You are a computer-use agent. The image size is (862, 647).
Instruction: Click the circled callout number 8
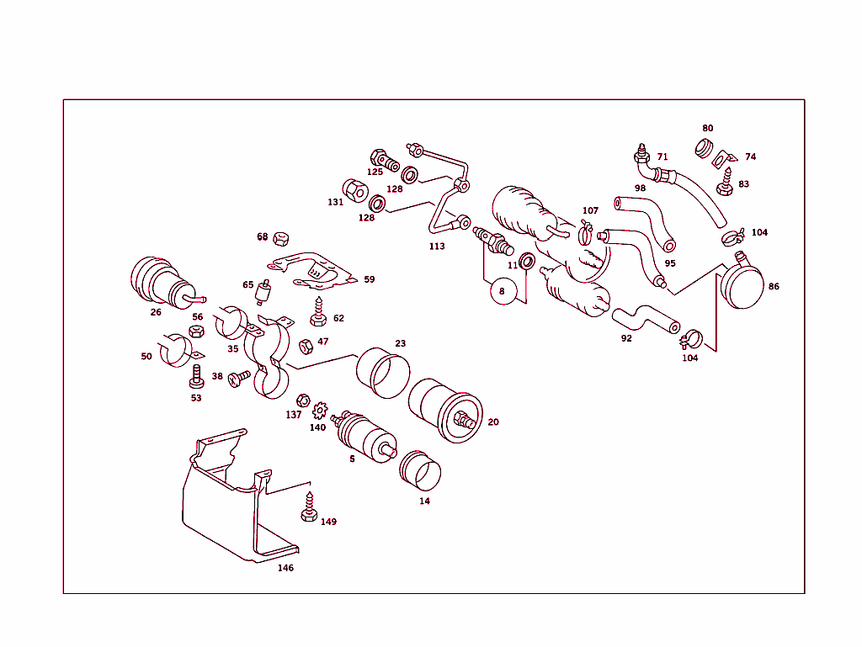(x=502, y=291)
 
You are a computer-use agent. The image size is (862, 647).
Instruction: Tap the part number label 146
(x=286, y=568)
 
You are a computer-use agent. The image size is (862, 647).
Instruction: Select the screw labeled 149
(x=308, y=507)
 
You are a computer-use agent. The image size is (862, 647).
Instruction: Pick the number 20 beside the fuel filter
(x=493, y=422)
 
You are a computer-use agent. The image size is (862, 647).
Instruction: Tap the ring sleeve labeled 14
(x=418, y=470)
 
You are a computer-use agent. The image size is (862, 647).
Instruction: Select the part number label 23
(x=401, y=343)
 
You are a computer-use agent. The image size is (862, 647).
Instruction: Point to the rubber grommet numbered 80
(x=705, y=148)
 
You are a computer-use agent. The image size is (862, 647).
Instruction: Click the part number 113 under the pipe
(x=437, y=247)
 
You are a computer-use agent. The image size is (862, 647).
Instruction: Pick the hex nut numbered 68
(x=283, y=238)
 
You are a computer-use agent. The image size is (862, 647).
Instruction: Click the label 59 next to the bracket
(x=370, y=279)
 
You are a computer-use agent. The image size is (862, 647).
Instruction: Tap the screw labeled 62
(x=318, y=314)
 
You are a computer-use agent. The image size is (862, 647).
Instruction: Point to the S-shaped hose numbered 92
(x=645, y=320)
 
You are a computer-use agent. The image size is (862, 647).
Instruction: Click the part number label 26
(x=156, y=312)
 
